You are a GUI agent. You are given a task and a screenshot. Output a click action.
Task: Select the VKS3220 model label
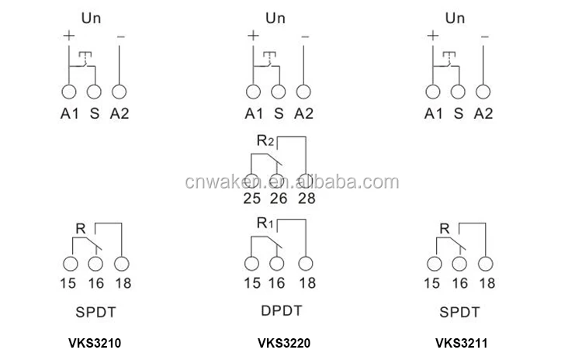[279, 341]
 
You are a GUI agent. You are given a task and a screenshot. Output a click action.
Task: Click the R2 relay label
[265, 141]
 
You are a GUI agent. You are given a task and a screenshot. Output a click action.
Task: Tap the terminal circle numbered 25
[253, 181]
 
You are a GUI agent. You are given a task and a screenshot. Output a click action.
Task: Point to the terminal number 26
[279, 199]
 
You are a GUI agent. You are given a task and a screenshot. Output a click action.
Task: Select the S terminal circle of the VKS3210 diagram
[95, 91]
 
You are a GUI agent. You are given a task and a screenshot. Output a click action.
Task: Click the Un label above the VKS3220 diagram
[276, 16]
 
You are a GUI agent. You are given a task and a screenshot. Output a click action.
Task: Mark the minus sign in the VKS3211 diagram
[485, 35]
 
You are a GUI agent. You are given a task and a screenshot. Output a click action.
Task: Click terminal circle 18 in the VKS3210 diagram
[120, 263]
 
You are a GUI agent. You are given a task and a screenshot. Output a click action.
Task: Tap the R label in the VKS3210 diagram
[80, 228]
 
